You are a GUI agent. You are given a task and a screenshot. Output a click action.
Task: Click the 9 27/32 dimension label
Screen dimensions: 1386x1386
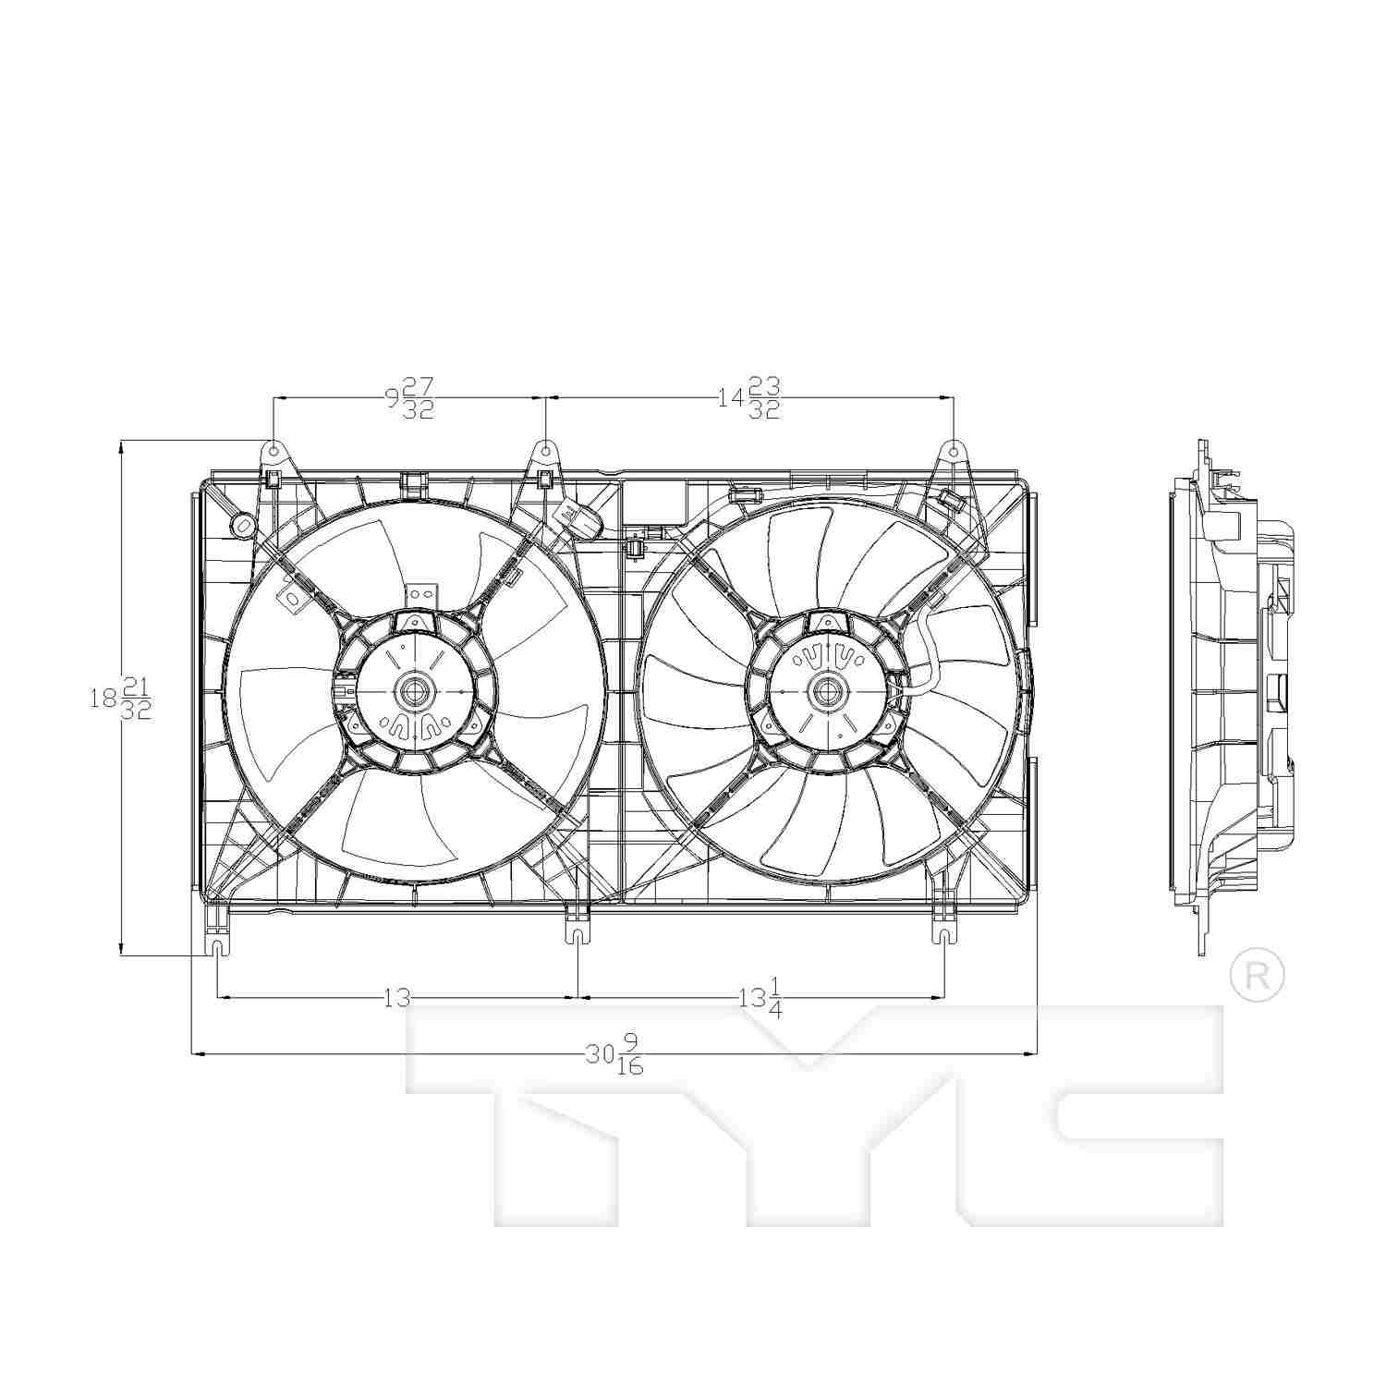[x=409, y=398]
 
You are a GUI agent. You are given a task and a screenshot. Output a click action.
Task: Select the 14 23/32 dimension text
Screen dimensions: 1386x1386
[x=749, y=398]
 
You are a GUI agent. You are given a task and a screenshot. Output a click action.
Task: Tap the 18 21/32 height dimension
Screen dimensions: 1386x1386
[x=120, y=698]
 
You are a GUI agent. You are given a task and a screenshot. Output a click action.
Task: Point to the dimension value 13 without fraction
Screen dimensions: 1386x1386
[x=395, y=998]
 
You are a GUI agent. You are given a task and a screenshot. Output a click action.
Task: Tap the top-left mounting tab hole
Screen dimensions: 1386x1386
[x=274, y=451]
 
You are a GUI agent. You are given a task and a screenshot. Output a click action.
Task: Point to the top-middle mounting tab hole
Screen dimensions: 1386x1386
[x=546, y=451]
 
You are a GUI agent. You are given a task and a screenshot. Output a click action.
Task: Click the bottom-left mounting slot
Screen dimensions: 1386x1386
[x=217, y=950]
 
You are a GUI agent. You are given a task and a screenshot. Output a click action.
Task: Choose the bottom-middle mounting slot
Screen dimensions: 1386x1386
[x=577, y=935]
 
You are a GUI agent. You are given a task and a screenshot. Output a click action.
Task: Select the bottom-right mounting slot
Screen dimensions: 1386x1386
[x=944, y=935]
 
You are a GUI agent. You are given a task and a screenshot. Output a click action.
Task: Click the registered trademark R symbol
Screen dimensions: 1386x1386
[x=1258, y=975]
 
